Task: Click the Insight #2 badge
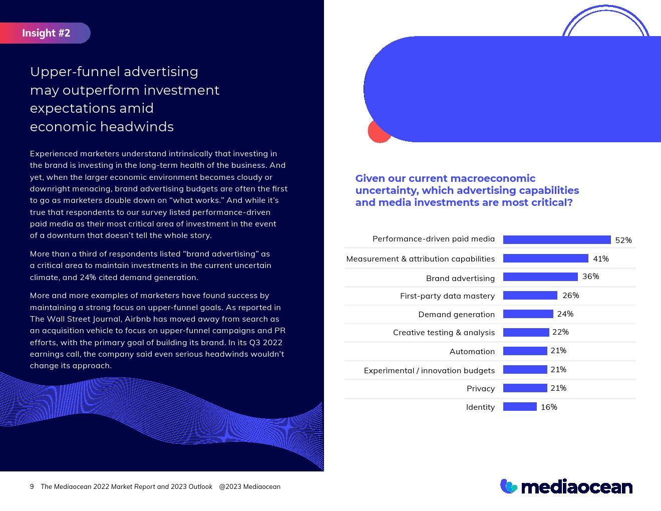(x=46, y=33)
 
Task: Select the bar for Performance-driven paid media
(x=556, y=240)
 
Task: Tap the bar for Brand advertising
(x=540, y=277)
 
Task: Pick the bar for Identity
(x=519, y=407)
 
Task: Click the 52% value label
(x=623, y=240)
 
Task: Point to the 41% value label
(x=600, y=259)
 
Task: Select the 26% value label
(x=570, y=296)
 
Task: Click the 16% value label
(x=549, y=407)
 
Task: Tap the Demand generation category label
(x=456, y=315)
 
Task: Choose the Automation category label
(x=472, y=352)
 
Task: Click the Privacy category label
(x=480, y=389)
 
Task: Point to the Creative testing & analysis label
(x=444, y=333)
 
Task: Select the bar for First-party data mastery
(x=530, y=296)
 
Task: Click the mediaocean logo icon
(x=508, y=486)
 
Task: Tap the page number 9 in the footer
(x=32, y=486)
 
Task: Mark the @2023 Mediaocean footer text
(x=249, y=486)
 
